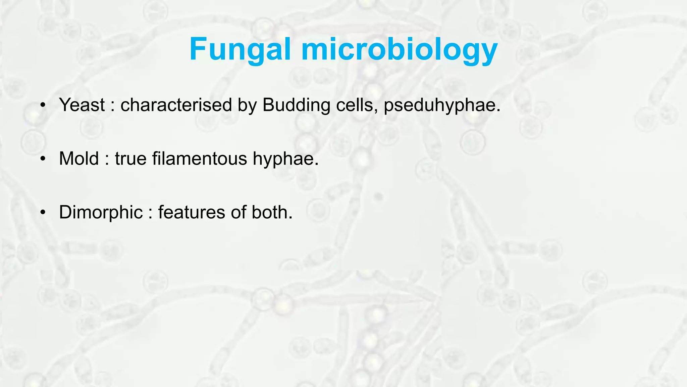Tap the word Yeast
[82, 105]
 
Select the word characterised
[176, 105]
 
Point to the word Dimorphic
[101, 212]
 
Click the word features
[191, 212]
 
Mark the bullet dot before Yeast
[42, 105]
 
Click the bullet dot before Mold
[42, 159]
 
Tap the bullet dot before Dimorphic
[42, 213]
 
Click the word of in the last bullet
[238, 212]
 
